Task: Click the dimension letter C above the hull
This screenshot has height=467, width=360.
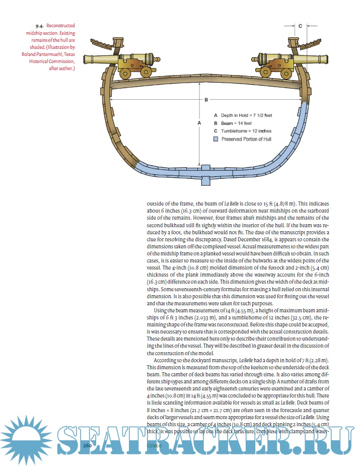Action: pos(300,25)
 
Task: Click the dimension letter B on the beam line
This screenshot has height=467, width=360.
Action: pos(206,100)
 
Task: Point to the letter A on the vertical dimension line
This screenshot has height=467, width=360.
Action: pos(199,122)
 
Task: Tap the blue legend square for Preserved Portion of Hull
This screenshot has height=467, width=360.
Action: pos(215,139)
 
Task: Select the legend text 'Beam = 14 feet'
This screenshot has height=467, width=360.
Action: pos(236,123)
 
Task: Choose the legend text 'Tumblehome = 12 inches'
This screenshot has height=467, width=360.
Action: pos(246,131)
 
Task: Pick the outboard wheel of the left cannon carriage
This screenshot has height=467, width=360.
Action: pos(126,74)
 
